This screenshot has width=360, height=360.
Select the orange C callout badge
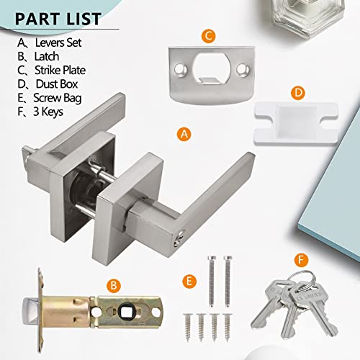[207, 34]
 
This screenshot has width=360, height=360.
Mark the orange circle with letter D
[297, 93]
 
